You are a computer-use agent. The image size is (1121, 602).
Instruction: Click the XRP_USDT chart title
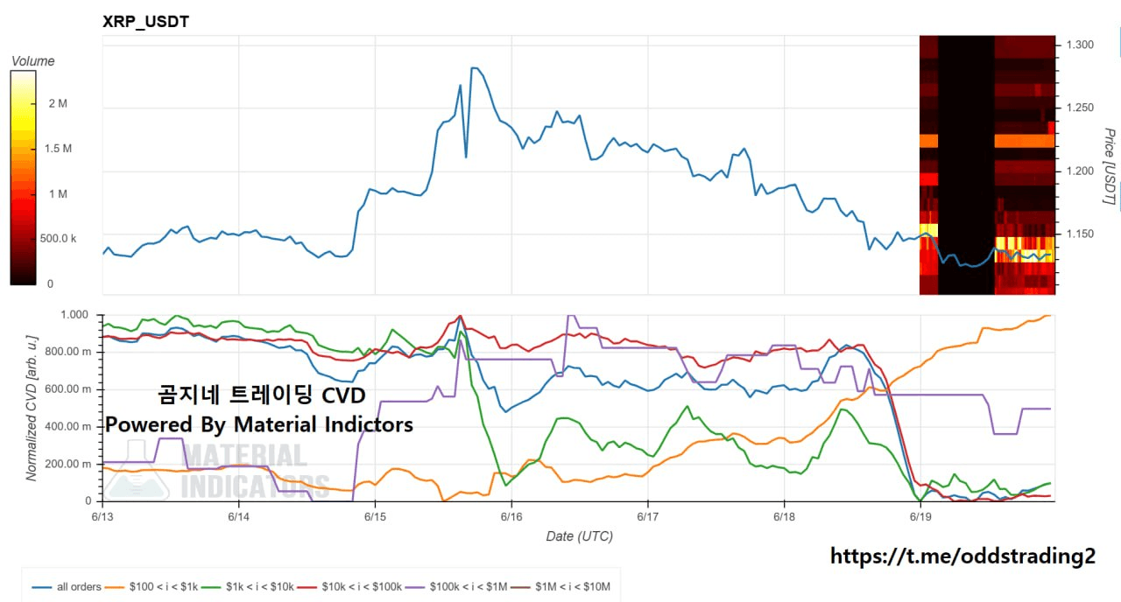click(145, 22)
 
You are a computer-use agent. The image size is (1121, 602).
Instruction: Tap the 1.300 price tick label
click(1080, 45)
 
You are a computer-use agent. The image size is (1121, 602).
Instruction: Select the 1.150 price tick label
click(1080, 234)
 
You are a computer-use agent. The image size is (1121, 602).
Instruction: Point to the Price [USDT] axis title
click(1110, 166)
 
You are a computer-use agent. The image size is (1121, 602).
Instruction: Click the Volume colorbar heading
click(33, 61)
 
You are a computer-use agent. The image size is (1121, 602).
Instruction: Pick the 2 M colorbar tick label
click(58, 103)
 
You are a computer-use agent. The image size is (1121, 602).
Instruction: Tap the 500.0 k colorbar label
click(58, 239)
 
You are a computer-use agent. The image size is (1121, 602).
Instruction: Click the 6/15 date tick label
click(375, 516)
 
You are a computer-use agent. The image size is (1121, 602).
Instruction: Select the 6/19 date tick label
click(920, 516)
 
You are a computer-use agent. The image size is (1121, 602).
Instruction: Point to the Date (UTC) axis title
click(579, 536)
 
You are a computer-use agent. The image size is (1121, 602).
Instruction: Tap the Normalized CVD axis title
click(32, 408)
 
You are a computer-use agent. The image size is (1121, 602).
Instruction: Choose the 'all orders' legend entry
click(67, 586)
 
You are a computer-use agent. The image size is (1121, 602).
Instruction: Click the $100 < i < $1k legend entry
click(152, 586)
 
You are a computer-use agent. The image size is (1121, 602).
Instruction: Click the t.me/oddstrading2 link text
click(962, 556)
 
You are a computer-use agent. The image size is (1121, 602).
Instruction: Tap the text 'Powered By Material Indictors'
click(259, 424)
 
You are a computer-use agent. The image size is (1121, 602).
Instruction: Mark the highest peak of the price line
click(475, 67)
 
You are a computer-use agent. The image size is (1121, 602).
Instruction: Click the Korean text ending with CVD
click(261, 395)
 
